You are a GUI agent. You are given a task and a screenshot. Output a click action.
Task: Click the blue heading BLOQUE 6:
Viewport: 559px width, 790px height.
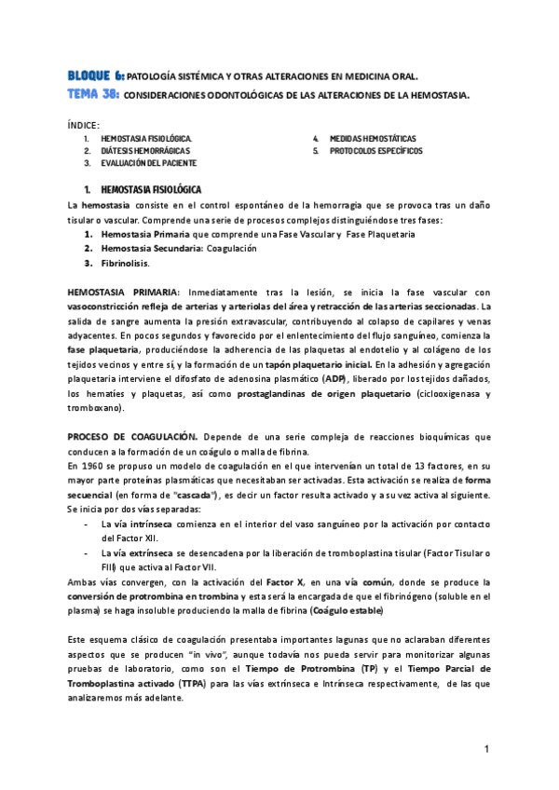[x=95, y=75]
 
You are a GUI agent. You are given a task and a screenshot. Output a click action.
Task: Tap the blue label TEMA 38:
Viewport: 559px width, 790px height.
[x=93, y=94]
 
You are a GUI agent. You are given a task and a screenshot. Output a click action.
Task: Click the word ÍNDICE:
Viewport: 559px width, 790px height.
[x=85, y=125]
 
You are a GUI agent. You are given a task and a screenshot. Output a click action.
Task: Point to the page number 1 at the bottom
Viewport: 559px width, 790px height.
[x=486, y=750]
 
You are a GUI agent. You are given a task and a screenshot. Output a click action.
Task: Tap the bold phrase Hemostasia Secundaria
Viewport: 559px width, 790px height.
[x=150, y=249]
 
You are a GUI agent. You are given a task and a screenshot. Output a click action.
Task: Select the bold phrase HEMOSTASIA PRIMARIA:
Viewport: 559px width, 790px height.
[x=122, y=293]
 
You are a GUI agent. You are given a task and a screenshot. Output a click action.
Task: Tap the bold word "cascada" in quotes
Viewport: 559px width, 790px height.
[x=213, y=494]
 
